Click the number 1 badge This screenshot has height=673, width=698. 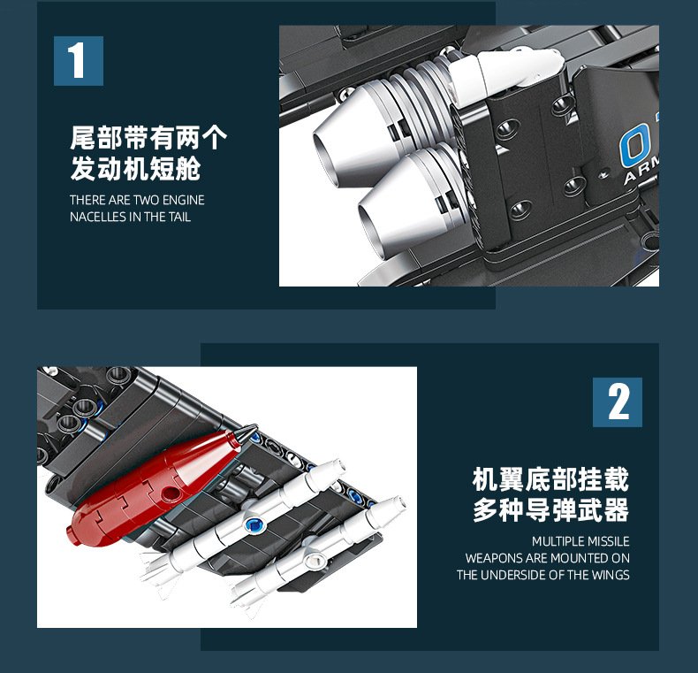tap(79, 61)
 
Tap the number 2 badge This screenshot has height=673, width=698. tap(617, 402)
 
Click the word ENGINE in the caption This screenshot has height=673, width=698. tap(184, 200)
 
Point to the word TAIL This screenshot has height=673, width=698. tap(179, 217)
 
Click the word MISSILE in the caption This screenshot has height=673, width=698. tap(607, 541)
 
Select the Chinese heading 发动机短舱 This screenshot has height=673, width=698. tap(135, 169)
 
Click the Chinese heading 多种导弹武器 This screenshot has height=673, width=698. tap(550, 510)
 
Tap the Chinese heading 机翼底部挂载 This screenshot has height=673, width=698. tap(550, 479)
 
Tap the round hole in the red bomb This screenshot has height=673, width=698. tap(171, 493)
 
